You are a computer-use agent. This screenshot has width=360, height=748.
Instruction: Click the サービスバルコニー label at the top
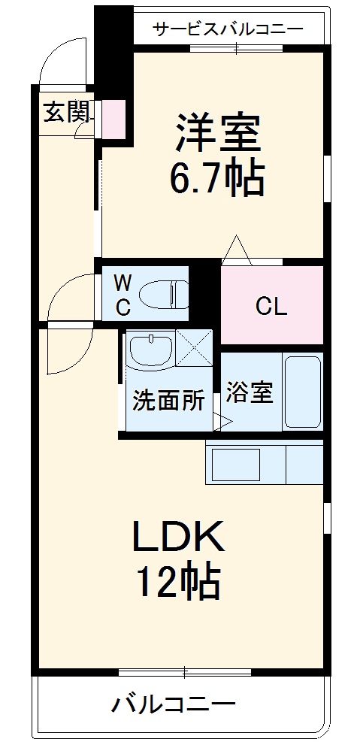(228, 29)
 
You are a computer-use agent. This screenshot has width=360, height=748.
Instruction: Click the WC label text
(123, 294)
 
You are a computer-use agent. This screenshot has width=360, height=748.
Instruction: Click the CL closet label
(271, 307)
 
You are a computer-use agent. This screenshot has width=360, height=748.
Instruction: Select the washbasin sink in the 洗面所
(150, 349)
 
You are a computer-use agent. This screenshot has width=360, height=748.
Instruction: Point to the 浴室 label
(250, 392)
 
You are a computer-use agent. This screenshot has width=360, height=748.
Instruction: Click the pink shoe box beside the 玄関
(113, 119)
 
